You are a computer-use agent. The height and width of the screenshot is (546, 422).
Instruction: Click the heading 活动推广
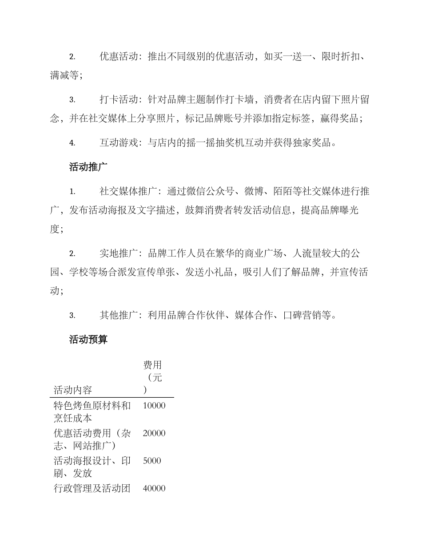pos(88,167)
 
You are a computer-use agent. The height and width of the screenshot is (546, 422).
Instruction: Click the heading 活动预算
pos(88,340)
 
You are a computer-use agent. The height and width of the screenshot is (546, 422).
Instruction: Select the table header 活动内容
pos(72,390)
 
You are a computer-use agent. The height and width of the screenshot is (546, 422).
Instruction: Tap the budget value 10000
pos(154,405)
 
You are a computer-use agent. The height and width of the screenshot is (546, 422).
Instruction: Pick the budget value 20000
pos(154,433)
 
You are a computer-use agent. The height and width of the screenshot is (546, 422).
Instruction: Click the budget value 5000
pos(152,460)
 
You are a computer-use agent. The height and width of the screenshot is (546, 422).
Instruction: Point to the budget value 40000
pos(154,488)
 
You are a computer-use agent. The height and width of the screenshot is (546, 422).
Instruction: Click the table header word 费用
pos(152,365)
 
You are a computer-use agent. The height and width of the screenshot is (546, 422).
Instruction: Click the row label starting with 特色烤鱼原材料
pos(92,405)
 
